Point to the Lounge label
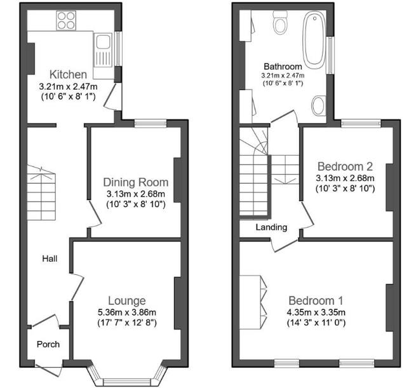126,300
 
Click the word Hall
50,258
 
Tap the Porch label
48,344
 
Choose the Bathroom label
283,66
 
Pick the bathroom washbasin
319,105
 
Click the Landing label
271,227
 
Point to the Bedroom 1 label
316,300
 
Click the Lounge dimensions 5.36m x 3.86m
126,312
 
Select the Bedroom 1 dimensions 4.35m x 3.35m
316,312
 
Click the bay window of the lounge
126,380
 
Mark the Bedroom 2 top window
360,123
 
